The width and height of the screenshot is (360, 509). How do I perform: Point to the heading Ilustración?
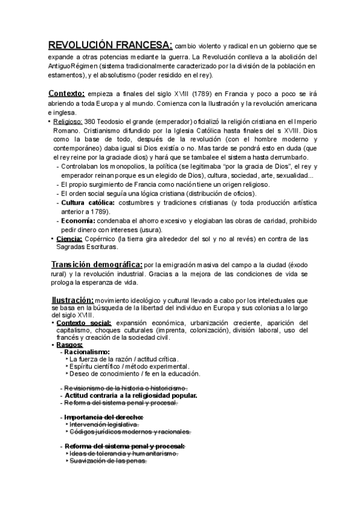(x=70, y=300)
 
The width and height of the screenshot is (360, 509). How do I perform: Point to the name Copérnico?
(x=100, y=239)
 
